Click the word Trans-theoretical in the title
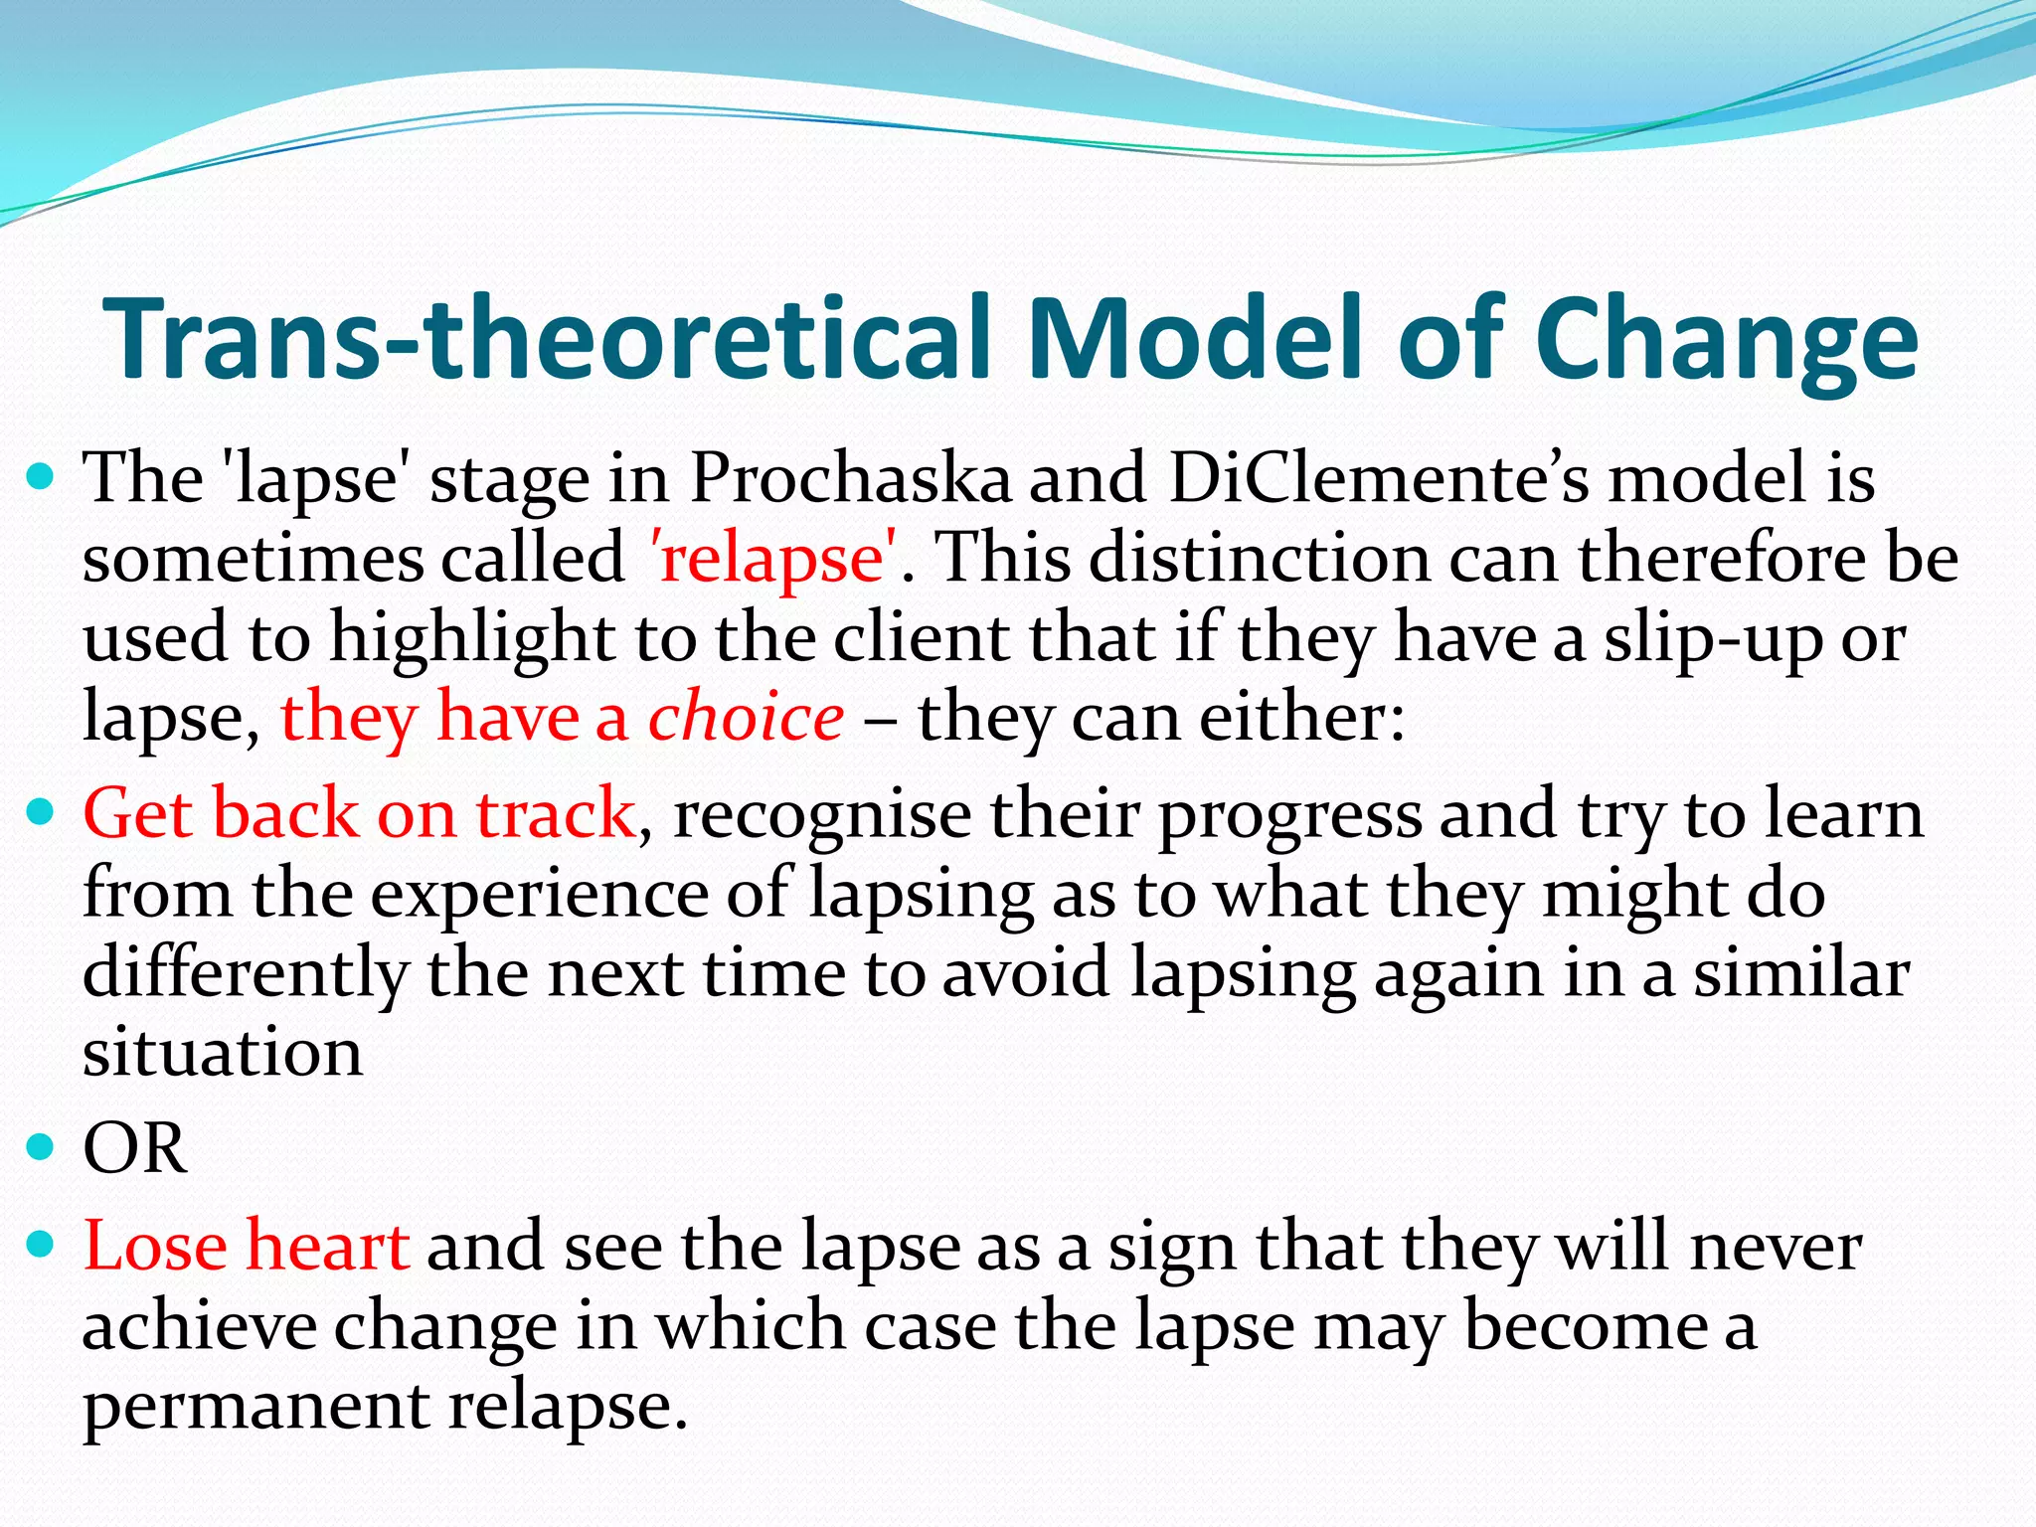pos(547,338)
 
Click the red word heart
pos(327,1247)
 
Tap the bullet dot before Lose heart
pos(41,1245)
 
